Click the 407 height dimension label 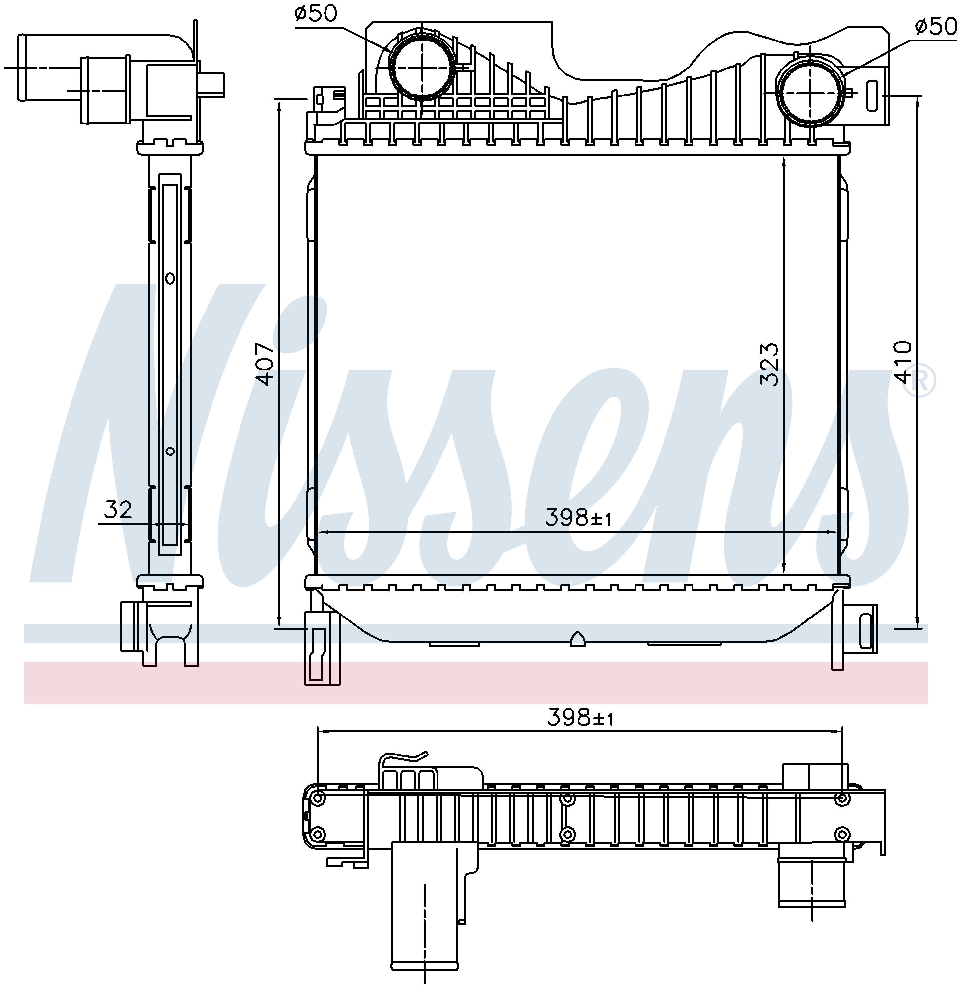(x=265, y=364)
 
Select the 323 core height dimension (x=770, y=364)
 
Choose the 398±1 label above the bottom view (x=581, y=717)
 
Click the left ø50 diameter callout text (x=316, y=14)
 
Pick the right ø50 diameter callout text (x=935, y=26)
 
